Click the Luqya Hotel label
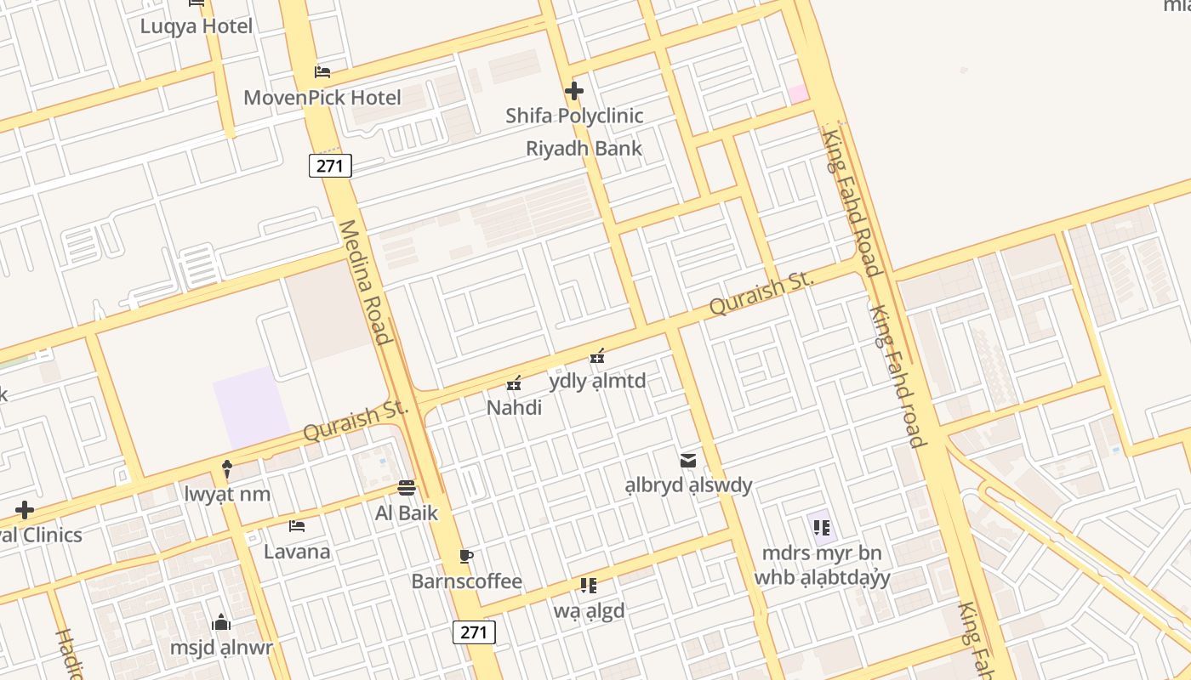tap(197, 26)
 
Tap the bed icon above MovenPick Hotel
tap(322, 72)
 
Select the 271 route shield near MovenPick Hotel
tap(329, 166)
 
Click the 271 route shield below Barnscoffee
tap(474, 632)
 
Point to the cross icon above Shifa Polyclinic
tap(574, 90)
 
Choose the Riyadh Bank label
tap(584, 149)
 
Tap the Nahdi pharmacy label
tap(514, 408)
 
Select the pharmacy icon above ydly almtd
tap(597, 356)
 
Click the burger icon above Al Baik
tap(407, 488)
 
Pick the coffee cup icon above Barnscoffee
tap(465, 557)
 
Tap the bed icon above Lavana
tap(297, 527)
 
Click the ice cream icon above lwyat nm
tap(227, 468)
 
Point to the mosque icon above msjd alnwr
tap(221, 623)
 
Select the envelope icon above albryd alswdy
tap(688, 461)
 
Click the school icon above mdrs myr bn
tap(821, 528)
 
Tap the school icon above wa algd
tap(588, 586)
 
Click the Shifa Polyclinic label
tap(574, 116)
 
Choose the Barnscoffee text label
tap(466, 581)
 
